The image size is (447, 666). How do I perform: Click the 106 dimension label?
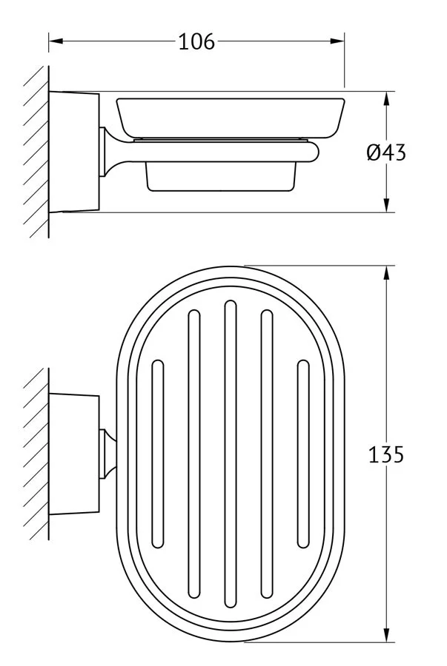coord(196,42)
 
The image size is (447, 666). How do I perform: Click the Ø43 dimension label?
coord(386,152)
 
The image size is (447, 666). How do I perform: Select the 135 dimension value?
coord(385,455)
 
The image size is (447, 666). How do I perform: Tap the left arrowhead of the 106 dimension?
coord(56,41)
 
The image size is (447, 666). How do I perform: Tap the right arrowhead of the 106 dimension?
coord(337,41)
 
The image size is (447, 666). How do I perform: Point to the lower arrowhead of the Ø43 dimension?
coord(386,205)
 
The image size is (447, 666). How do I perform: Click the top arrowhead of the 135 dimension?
coord(386,274)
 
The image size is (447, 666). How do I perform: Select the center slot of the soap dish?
coord(230,454)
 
